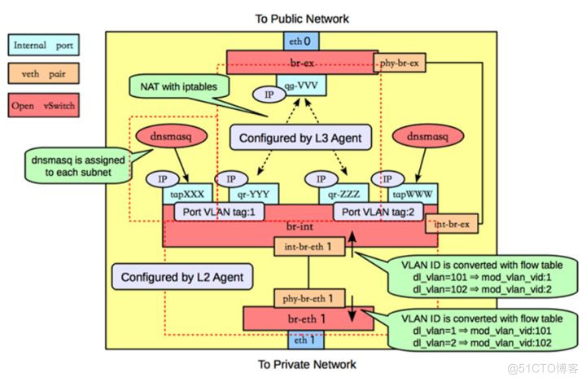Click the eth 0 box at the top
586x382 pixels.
[x=300, y=41]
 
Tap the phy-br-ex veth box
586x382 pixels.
[x=403, y=62]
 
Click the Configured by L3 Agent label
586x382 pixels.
[x=300, y=138]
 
